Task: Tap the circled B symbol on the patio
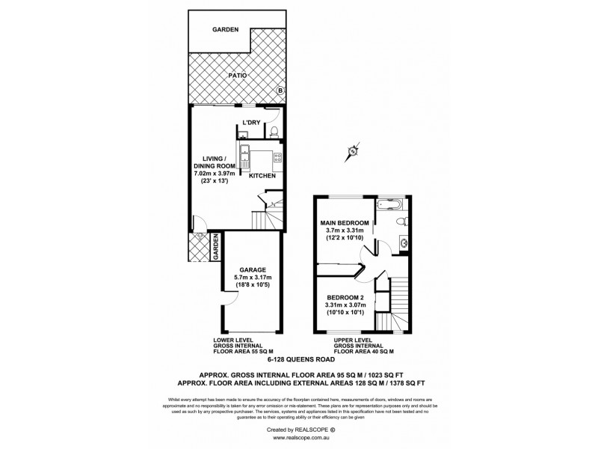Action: click(280, 91)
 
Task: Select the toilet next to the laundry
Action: click(274, 132)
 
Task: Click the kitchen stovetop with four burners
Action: click(277, 157)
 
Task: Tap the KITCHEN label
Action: click(262, 176)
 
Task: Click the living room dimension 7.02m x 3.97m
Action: click(215, 173)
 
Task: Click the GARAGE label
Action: click(253, 269)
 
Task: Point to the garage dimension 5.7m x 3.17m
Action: click(253, 278)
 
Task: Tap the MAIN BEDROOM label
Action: click(345, 222)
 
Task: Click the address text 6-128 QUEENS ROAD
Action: click(298, 359)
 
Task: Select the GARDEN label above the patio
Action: click(224, 29)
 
